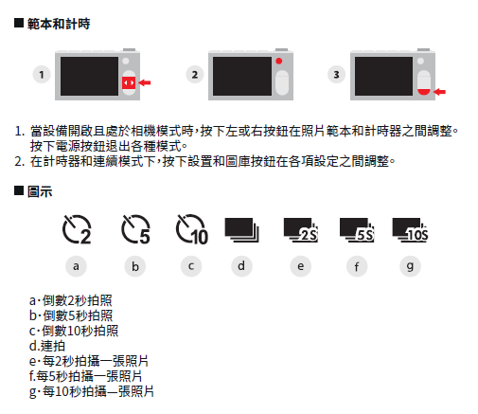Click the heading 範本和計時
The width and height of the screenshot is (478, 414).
(59, 24)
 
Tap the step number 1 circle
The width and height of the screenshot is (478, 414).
(42, 75)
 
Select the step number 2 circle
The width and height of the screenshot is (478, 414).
(195, 75)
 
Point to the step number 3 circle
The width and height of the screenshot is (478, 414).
(337, 75)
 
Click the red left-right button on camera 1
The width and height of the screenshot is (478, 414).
(129, 82)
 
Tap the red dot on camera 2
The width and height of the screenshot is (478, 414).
(279, 61)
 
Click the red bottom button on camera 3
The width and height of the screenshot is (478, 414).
(424, 92)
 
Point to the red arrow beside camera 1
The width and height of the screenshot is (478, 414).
(145, 82)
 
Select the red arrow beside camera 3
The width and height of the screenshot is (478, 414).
(439, 92)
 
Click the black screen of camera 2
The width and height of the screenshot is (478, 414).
(242, 76)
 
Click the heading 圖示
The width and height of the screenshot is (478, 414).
(40, 191)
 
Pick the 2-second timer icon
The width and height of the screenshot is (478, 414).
(77, 229)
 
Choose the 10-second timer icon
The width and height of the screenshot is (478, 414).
(192, 229)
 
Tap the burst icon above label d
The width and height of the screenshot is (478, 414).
(241, 230)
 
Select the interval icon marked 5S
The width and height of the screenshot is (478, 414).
(357, 230)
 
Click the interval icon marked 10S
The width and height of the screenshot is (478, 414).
(410, 230)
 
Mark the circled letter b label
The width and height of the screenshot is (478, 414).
(135, 266)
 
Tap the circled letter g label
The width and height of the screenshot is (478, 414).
(410, 266)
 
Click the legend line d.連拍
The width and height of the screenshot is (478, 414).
(47, 346)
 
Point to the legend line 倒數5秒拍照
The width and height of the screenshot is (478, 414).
(71, 315)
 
